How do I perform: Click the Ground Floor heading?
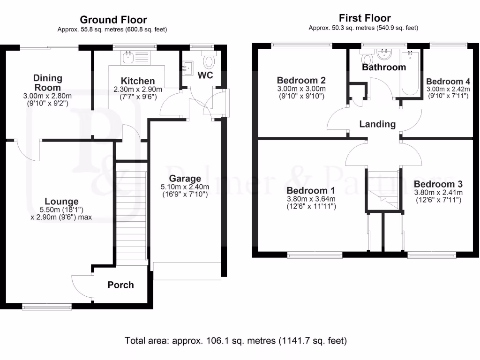tap(113, 20)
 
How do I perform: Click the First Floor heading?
tap(365, 18)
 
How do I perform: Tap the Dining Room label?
tap(48, 82)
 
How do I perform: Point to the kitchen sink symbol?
tap(128, 58)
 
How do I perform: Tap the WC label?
tap(207, 75)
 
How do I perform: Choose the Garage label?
tap(185, 178)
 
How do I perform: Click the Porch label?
tap(120, 285)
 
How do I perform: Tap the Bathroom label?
tap(383, 67)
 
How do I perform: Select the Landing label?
tap(377, 124)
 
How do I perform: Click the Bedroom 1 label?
tap(310, 191)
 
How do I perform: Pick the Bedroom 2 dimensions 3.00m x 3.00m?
tap(301, 89)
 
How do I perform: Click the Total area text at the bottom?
tap(236, 340)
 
